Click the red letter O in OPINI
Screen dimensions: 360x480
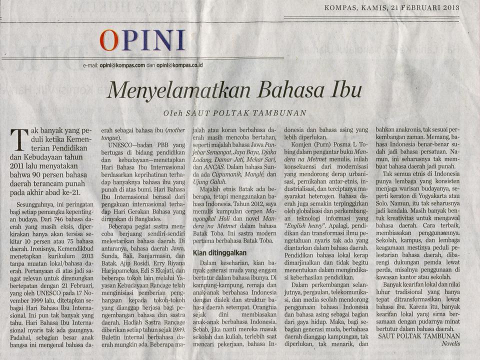(x=109, y=40)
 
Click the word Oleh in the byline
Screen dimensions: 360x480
(x=173, y=113)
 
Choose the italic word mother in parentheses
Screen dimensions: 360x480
(x=174, y=129)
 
